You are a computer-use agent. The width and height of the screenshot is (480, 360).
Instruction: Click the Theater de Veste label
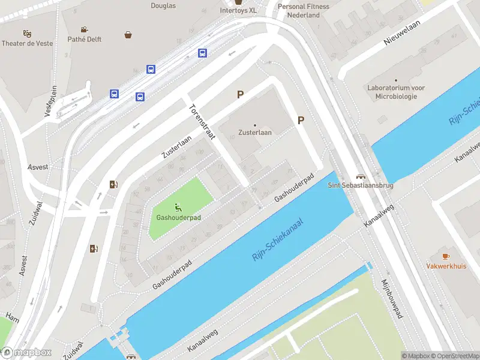coord(27,43)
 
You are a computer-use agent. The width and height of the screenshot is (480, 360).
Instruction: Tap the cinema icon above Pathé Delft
coord(85,29)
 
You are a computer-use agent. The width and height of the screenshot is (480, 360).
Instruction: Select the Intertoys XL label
coord(238,10)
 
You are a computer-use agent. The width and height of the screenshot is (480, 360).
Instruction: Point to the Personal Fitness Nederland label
coord(303,11)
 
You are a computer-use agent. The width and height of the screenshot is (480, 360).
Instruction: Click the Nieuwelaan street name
coord(402,33)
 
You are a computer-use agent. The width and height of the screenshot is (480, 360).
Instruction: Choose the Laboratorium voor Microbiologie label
coord(396,91)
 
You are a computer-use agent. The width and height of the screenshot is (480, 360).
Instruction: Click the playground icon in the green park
coord(178,208)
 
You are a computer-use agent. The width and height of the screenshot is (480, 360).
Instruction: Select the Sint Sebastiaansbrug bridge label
coord(361,185)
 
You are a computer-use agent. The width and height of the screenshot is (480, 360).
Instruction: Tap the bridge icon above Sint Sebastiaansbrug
coord(361,176)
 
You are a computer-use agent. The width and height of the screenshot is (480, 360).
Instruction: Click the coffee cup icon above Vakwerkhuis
coord(446,256)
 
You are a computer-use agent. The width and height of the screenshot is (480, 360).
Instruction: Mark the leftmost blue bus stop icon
coord(114,94)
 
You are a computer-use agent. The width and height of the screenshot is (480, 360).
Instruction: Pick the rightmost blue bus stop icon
coord(203,53)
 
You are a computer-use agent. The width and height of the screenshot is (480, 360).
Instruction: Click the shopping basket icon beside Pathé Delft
coord(128,35)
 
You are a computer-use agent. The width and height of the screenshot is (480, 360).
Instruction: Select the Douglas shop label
coord(163,5)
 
